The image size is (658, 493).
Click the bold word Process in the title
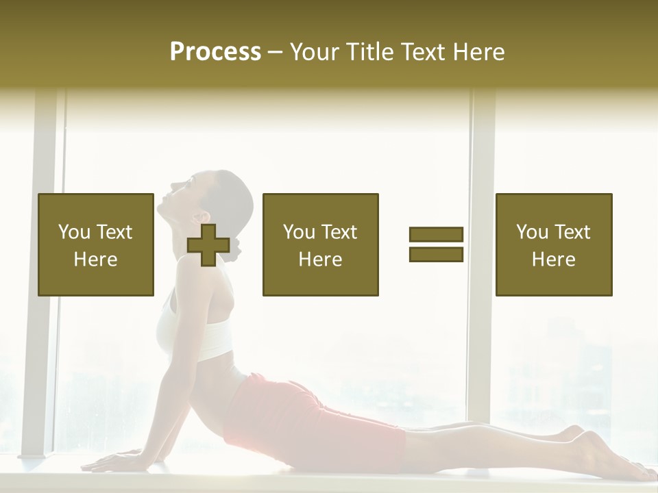[x=215, y=52]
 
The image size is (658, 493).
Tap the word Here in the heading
[x=478, y=52]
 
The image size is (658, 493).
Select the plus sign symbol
[x=208, y=245]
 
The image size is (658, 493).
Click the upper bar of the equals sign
[x=436, y=235]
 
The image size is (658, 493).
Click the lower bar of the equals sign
[x=436, y=255]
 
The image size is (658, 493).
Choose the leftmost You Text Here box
[x=96, y=244]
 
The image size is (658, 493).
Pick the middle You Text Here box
[x=320, y=244]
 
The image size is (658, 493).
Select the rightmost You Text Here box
[x=553, y=244]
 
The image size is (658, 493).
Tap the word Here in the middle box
[x=320, y=260]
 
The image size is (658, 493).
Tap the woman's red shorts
[x=302, y=418]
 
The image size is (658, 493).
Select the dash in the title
[x=276, y=52]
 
